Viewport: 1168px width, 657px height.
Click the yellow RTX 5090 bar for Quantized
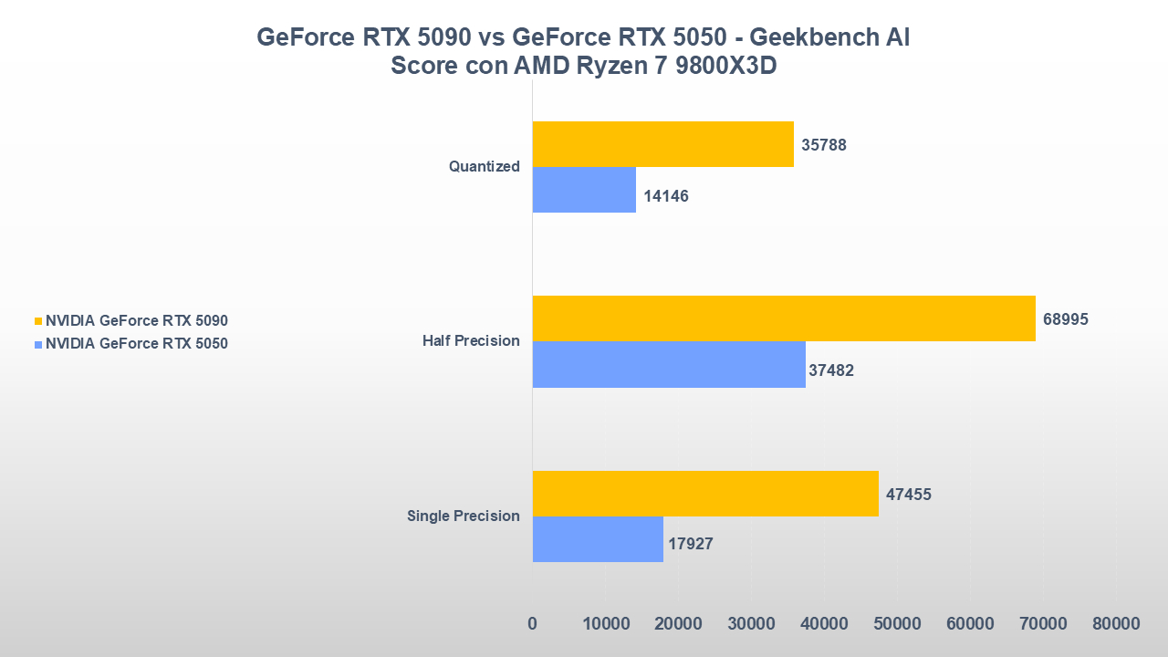coord(662,144)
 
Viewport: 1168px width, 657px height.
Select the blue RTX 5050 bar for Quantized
coord(584,190)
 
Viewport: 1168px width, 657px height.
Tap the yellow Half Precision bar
coord(784,318)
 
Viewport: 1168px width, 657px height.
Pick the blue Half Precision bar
coord(669,364)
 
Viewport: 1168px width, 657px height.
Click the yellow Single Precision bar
coord(705,494)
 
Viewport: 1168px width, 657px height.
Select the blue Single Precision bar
coord(598,539)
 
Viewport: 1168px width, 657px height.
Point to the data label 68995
coord(1066,319)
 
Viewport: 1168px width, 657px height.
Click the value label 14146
coord(665,196)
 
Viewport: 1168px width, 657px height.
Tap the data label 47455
coord(909,495)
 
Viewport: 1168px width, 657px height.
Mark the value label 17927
coord(690,544)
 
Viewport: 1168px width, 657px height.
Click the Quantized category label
coord(484,167)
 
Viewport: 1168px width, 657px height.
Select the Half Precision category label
coord(471,341)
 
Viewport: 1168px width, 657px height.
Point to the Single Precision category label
coord(464,516)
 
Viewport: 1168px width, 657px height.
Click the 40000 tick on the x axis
coord(824,624)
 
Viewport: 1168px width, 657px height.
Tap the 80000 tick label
coord(1116,624)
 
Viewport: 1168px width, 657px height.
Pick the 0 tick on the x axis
coord(533,624)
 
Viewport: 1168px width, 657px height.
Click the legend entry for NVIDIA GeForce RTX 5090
coord(136,321)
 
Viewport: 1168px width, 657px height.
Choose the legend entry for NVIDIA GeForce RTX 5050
coord(136,344)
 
